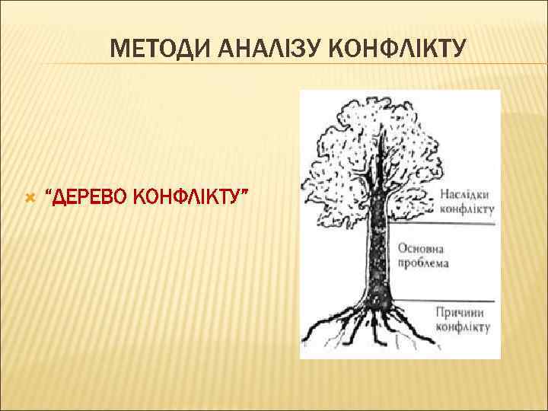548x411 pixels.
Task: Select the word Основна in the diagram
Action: (x=420, y=250)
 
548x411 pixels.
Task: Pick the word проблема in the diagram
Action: (x=423, y=263)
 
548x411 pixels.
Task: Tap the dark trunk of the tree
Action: (x=378, y=244)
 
